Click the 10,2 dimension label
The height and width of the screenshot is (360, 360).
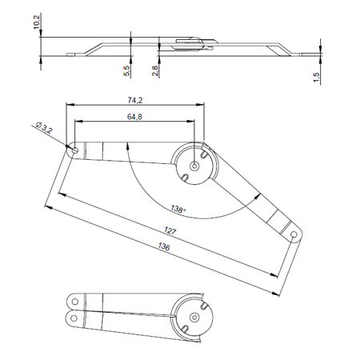click(x=37, y=22)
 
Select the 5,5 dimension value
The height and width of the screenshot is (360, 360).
click(x=126, y=70)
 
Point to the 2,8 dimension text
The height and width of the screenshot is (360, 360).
click(x=155, y=70)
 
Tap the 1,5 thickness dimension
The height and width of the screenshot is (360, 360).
click(x=316, y=78)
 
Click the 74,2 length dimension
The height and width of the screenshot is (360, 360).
click(x=135, y=100)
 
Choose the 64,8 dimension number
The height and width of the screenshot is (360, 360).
click(x=134, y=117)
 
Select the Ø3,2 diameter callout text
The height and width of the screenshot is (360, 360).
click(x=44, y=127)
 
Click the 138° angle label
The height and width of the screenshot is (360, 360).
click(x=178, y=209)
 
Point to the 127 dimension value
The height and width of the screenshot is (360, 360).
click(x=170, y=230)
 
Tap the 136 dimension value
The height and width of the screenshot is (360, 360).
click(x=164, y=246)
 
